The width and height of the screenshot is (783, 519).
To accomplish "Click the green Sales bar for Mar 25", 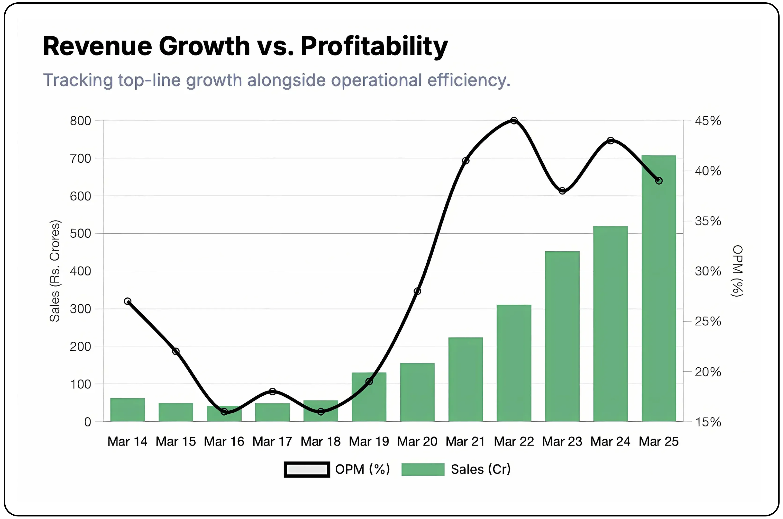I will [x=658, y=298].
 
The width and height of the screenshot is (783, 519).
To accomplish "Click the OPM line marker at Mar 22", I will [x=514, y=121].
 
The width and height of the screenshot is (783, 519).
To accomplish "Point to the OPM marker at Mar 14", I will [x=127, y=301].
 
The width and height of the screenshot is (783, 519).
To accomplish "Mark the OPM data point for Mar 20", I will [x=417, y=291].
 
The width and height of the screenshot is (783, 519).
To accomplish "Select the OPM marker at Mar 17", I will [x=272, y=392].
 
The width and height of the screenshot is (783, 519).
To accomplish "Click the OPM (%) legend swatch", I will [x=307, y=469].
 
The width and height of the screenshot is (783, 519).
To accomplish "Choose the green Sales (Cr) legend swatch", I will [x=423, y=469].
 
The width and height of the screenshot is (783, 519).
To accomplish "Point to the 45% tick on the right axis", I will [x=708, y=121].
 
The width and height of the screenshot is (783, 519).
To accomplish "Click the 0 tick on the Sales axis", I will [x=87, y=422].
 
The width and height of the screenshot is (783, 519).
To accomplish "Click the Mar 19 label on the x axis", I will [x=369, y=442].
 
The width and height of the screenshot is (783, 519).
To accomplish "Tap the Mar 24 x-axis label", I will [x=610, y=442].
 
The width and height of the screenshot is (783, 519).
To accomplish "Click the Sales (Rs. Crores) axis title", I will [x=55, y=271].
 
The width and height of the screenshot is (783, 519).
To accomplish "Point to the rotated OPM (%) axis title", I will [x=738, y=271].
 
